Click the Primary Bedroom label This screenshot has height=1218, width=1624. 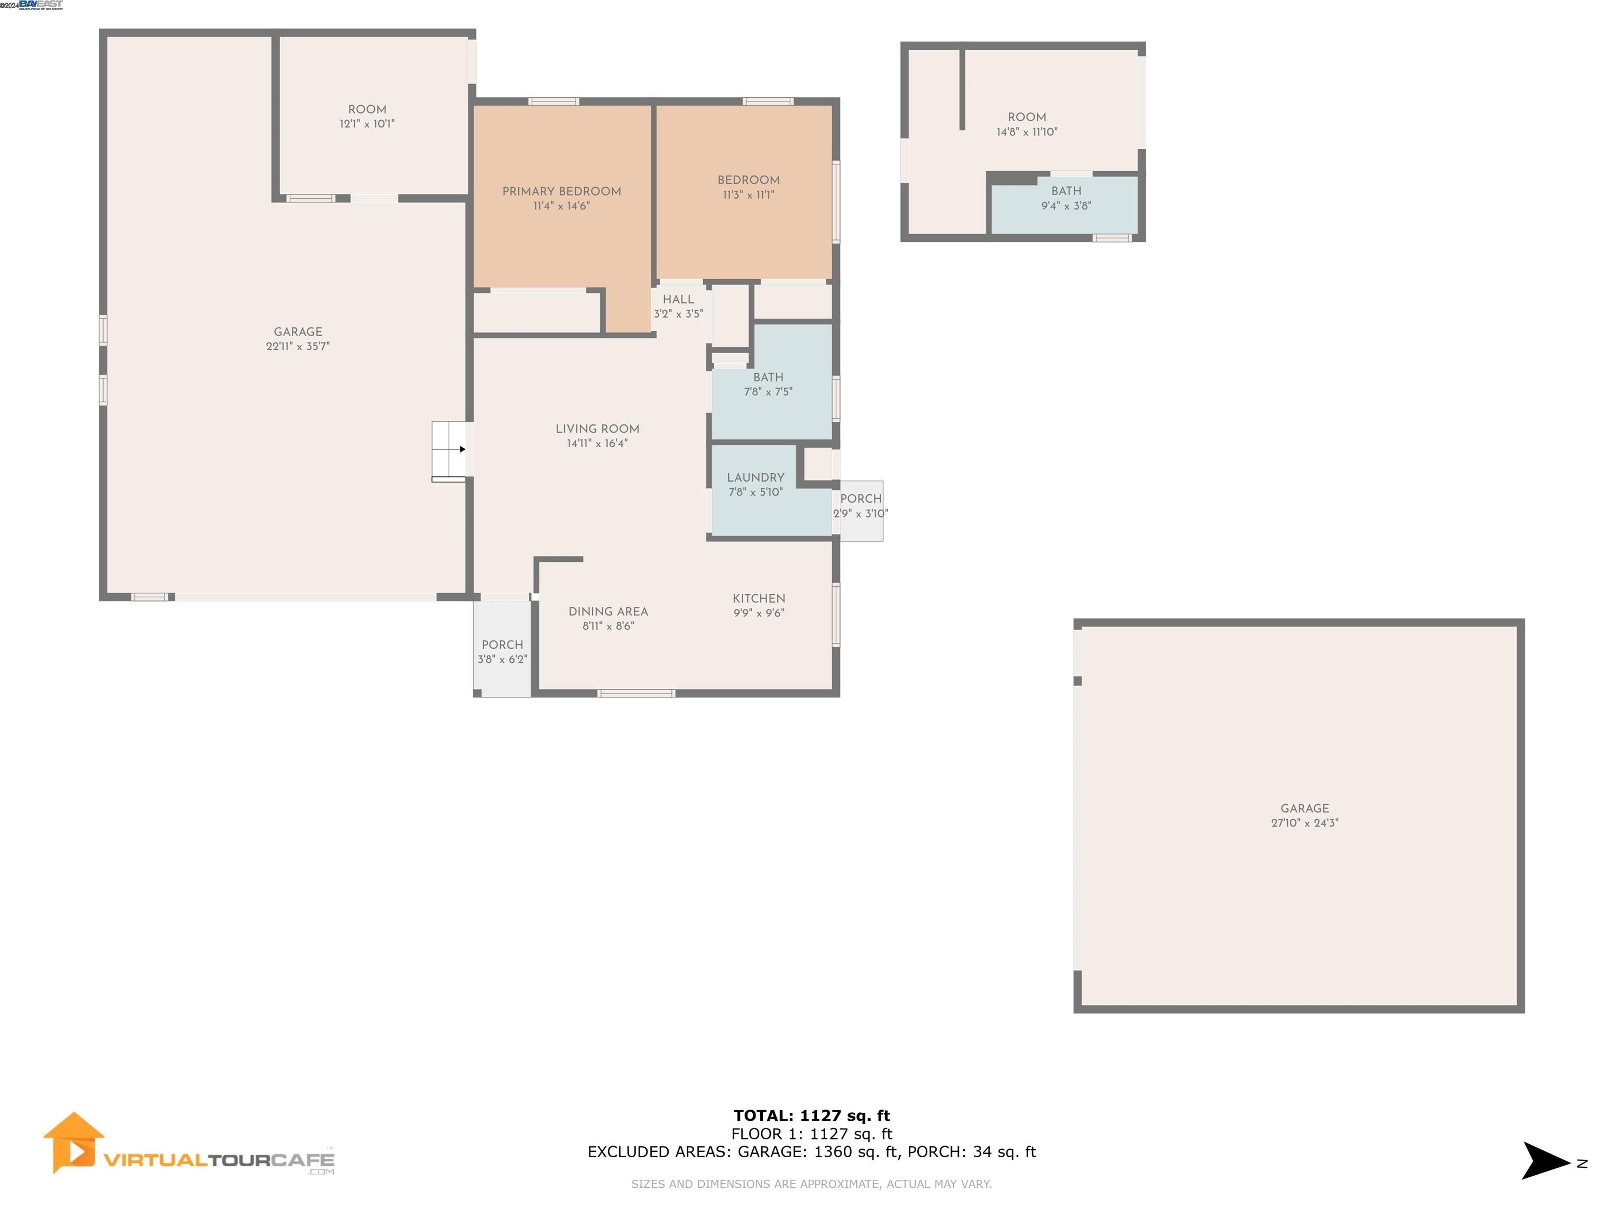coord(561,191)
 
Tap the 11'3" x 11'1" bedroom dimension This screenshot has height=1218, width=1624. coord(748,195)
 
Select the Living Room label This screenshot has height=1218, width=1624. coord(597,429)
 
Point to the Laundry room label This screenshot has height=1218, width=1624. coord(755,477)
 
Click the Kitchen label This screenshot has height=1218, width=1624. coord(759,598)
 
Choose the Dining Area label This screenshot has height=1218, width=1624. coord(608,612)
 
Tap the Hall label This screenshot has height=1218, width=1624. coord(678,300)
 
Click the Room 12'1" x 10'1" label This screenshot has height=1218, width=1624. coord(367,109)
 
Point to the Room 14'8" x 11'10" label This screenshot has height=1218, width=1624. coord(1027,117)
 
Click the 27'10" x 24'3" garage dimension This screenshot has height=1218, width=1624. coord(1305,823)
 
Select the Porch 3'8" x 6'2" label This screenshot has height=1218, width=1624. coord(502,644)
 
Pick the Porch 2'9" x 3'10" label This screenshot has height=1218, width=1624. coord(861,499)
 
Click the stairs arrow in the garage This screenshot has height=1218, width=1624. coord(462,449)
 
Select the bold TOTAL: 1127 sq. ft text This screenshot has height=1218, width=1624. coord(811,1116)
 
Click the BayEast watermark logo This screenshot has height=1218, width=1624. coord(40,5)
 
